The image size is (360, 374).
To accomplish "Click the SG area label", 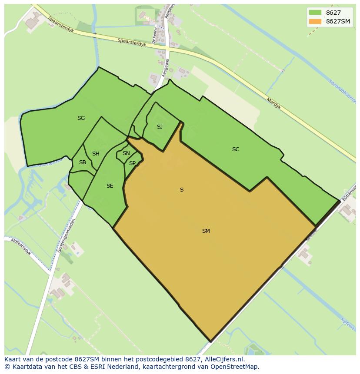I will (81, 118).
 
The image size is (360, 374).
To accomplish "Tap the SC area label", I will (236, 149).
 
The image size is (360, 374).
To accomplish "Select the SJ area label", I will (160, 127).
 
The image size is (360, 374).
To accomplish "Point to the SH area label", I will (96, 154).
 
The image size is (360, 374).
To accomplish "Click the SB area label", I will (82, 163).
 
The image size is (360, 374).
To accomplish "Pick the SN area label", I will (126, 153).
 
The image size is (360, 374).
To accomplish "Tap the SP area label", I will (132, 163).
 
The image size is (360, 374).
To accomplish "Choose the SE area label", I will (110, 186).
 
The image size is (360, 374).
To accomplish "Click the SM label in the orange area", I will (206, 231).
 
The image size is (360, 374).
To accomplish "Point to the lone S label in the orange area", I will (182, 190).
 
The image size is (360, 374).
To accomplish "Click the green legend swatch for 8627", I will (315, 12).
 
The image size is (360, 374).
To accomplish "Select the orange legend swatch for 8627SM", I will (315, 21).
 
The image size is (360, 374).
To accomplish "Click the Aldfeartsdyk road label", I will (21, 246).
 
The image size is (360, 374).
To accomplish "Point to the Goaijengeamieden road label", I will (67, 236).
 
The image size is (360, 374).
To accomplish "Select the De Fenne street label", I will (154, 36).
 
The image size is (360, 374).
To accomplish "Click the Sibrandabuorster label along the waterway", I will (343, 91).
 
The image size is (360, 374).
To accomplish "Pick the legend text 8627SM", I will (339, 21).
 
